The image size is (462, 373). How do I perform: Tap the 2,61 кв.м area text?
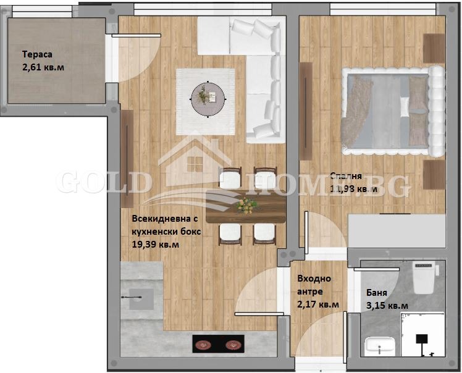(x=43, y=66)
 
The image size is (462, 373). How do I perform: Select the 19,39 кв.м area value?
(x=156, y=245)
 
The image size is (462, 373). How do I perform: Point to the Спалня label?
(x=346, y=175)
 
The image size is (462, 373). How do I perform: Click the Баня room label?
(x=376, y=293)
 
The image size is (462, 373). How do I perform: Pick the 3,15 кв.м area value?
(x=386, y=305)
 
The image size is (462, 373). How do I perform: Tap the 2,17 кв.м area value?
(x=318, y=304)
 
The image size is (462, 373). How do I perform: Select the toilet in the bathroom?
(x=425, y=278)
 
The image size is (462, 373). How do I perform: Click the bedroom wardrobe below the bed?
(x=397, y=231)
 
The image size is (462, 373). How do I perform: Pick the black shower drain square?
(x=423, y=339)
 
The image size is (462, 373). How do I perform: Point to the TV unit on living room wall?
(x=127, y=158)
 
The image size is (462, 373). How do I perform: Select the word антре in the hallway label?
(x=309, y=291)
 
